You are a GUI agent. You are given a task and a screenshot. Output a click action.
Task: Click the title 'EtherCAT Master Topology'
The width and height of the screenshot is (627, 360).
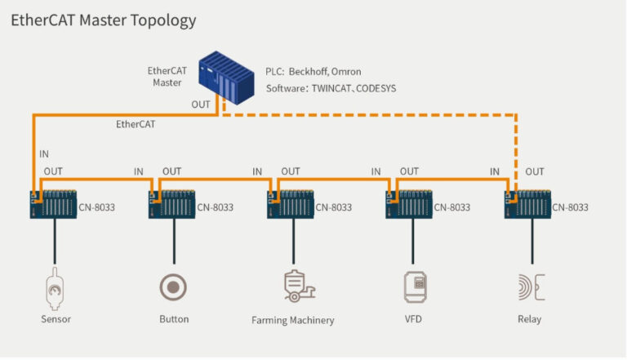(103, 20)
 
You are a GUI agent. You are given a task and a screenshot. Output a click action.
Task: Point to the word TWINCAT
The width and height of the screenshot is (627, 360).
(332, 88)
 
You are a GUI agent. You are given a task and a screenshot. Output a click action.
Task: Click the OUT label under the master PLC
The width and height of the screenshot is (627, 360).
(201, 104)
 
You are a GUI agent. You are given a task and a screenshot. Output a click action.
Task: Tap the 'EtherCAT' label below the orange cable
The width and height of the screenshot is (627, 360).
(136, 125)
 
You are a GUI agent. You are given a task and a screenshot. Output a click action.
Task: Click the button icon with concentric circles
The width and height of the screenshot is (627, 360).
(173, 287)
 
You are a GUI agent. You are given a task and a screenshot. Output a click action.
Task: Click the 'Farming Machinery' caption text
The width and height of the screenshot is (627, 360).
(292, 320)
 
